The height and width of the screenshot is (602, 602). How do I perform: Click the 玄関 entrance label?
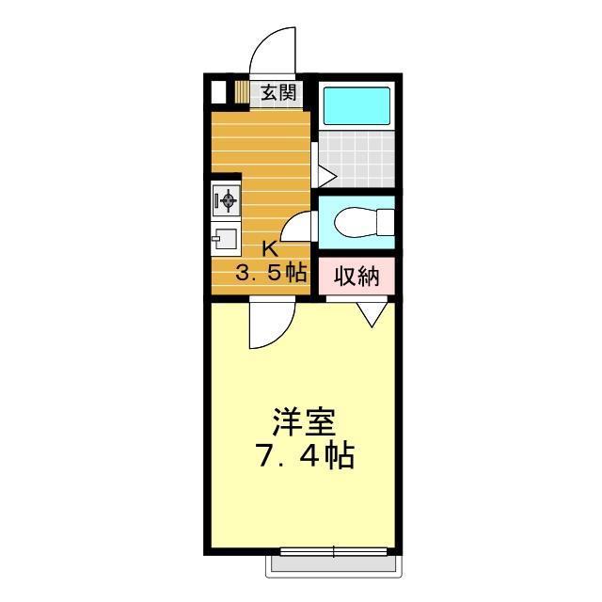(278, 92)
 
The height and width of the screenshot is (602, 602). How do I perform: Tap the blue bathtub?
(356, 106)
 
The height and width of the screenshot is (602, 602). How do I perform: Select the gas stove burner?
(228, 199)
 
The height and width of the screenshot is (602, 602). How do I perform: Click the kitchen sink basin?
(226, 238)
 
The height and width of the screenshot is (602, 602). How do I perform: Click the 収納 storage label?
(356, 276)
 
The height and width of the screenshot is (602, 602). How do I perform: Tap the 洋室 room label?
(304, 422)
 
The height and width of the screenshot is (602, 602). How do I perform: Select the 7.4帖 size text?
(306, 455)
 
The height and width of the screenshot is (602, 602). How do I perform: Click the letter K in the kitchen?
(270, 249)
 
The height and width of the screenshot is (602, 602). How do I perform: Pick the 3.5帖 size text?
(271, 274)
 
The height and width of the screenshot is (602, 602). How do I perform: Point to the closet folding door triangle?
(372, 314)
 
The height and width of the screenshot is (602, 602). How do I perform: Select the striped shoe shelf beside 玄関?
(242, 92)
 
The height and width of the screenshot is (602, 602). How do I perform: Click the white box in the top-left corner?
(218, 92)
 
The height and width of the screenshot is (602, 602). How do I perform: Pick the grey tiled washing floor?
(357, 159)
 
